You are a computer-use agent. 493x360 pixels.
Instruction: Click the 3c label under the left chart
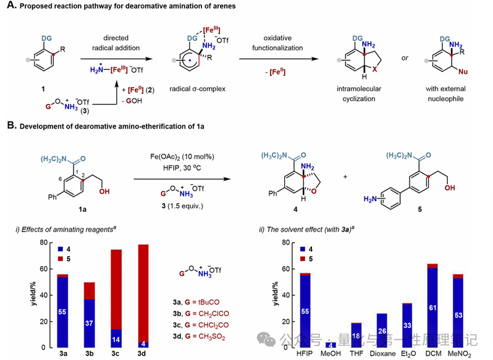(x=116, y=355)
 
